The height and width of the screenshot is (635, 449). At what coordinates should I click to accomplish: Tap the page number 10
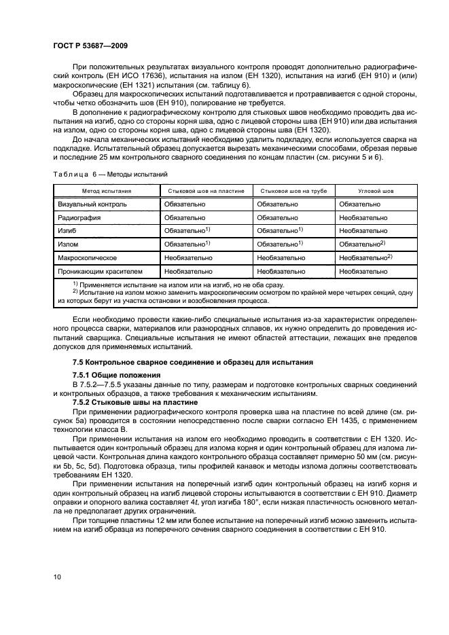(x=59, y=577)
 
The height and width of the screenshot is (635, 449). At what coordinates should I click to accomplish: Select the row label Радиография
(x=79, y=218)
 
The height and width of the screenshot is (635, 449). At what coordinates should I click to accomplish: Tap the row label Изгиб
(x=68, y=231)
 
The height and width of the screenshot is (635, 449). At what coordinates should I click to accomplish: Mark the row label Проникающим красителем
(x=100, y=271)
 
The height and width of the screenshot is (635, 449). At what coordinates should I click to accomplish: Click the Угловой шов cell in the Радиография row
(x=363, y=218)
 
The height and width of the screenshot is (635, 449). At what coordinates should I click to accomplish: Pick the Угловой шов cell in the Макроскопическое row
(x=366, y=258)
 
